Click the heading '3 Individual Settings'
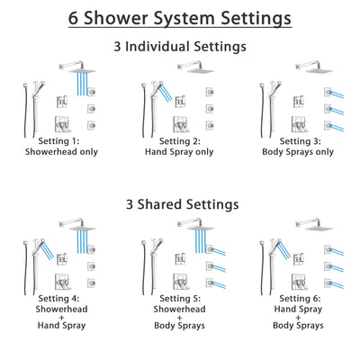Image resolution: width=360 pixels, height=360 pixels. point(179,47)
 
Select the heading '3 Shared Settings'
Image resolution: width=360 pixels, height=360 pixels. point(179,203)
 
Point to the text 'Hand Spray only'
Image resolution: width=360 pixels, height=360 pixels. point(180,152)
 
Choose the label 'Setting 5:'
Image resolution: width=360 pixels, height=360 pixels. point(180,297)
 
